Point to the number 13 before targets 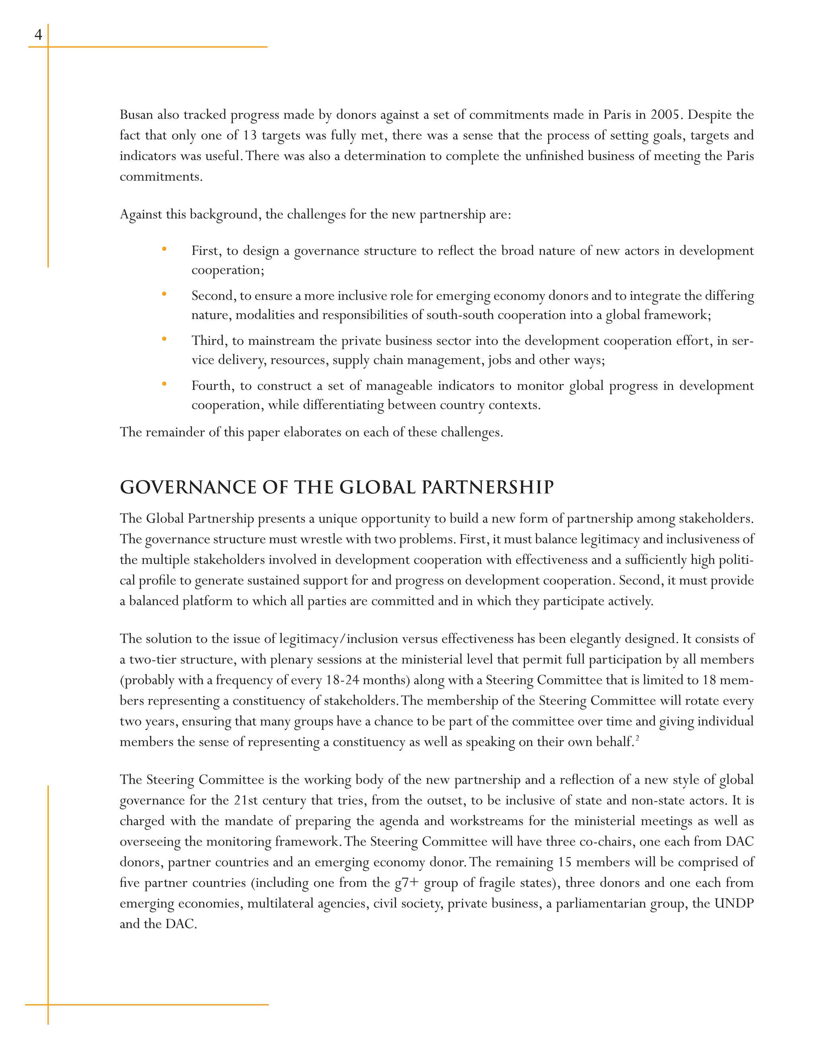[250, 135]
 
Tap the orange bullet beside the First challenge [164, 249]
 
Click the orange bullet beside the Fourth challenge [164, 384]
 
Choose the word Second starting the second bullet [212, 296]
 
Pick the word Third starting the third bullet [208, 341]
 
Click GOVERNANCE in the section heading [188, 488]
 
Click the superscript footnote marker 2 [637, 738]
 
